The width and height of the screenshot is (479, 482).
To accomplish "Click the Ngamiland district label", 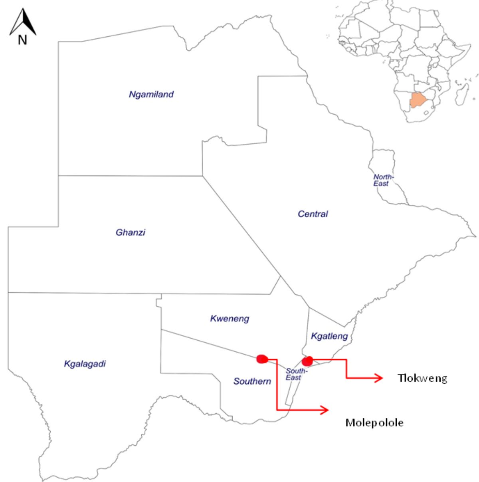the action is coord(151,95).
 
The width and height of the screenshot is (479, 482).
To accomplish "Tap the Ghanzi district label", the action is coord(130,232).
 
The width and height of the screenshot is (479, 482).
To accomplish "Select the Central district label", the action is coord(313,214).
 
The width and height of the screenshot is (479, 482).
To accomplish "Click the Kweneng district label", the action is coord(230,319).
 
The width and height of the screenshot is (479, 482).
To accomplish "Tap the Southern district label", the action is coord(252,381).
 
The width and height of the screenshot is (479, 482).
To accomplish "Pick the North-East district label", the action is coord(383,180).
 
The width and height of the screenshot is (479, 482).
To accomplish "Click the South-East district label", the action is coord(296,374).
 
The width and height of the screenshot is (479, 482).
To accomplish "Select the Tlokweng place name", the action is coord(422,378).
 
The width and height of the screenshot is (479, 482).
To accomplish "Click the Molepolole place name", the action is coord(374,422).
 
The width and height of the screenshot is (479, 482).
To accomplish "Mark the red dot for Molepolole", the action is coord(262,359).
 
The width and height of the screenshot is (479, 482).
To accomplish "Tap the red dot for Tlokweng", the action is coord(307,361).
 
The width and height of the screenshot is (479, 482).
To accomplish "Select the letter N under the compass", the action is coord(22,40).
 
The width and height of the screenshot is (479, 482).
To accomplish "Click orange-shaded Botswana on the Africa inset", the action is coord(418,100).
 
